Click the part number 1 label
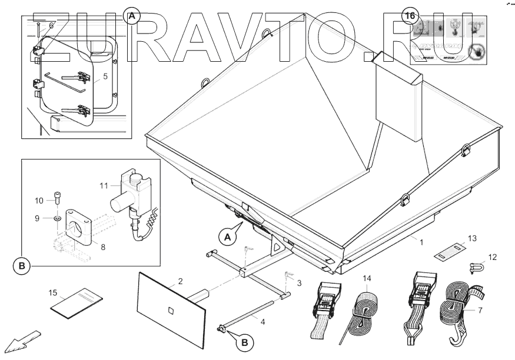pyautogui.click(x=421, y=241)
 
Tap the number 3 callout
pyautogui.click(x=299, y=283)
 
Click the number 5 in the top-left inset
pyautogui.click(x=105, y=76)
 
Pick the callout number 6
pyautogui.click(x=51, y=25)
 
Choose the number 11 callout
pyautogui.click(x=104, y=186)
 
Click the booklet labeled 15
pyautogui.click(x=72, y=302)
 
